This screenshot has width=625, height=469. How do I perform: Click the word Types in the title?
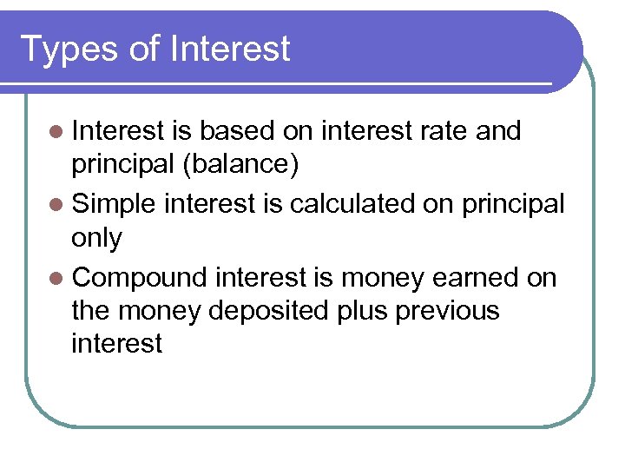[x=69, y=50]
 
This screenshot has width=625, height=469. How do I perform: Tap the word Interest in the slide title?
[x=230, y=49]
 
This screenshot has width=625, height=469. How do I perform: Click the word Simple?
[x=114, y=204]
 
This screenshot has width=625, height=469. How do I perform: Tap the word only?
[x=97, y=238]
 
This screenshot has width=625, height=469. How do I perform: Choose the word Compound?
[x=140, y=278]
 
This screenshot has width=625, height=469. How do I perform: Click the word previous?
[x=447, y=310]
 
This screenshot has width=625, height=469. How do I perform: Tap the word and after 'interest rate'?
[x=498, y=131]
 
